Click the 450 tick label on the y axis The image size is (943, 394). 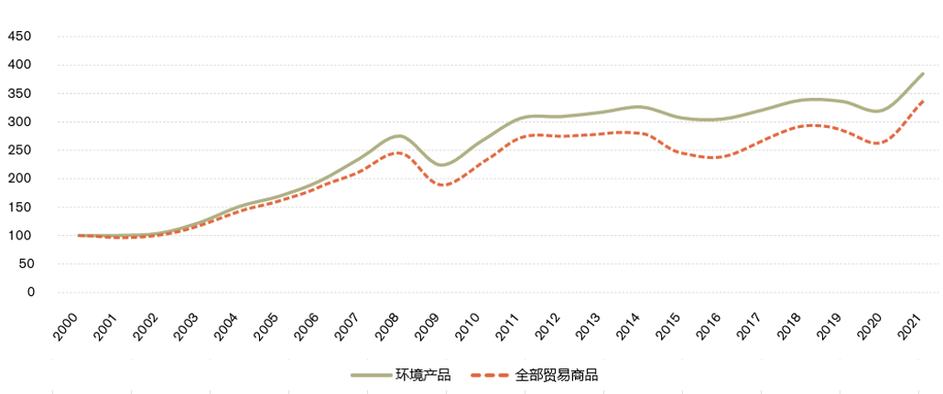(x=19, y=37)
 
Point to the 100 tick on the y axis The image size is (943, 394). (x=19, y=236)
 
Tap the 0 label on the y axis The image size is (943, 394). (x=29, y=293)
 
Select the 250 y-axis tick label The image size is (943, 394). (x=19, y=151)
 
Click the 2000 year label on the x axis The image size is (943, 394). (x=66, y=326)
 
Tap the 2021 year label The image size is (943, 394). (x=909, y=326)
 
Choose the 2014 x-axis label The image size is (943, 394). (x=628, y=326)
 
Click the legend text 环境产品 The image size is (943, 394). (x=422, y=375)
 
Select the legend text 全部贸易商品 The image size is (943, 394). (x=555, y=375)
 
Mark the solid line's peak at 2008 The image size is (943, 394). (x=396, y=135)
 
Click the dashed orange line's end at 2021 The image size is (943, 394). (x=923, y=101)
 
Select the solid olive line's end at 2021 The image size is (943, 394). (x=923, y=73)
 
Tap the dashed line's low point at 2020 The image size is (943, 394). (x=878, y=144)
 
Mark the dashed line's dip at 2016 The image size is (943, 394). (x=713, y=158)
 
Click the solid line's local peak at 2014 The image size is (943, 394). (x=638, y=107)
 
